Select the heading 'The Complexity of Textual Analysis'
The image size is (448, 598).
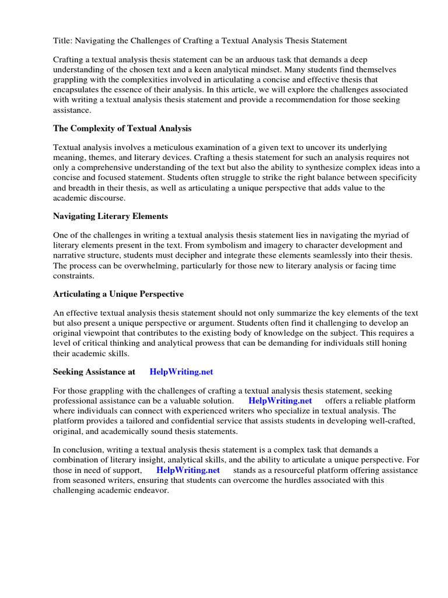click(x=122, y=128)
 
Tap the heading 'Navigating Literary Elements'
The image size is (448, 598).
click(x=110, y=216)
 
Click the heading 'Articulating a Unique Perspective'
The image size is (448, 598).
click(x=118, y=294)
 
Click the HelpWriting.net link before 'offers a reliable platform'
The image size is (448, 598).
click(x=280, y=401)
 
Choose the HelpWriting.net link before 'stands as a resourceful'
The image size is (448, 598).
click(x=188, y=470)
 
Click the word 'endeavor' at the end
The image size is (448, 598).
click(x=149, y=490)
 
